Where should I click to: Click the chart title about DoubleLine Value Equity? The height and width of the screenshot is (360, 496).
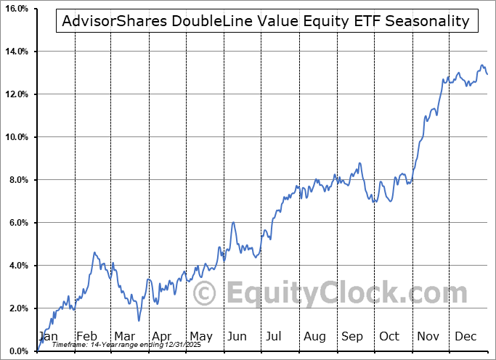pos(266,21)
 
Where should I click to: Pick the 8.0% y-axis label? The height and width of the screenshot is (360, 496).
pos(16,180)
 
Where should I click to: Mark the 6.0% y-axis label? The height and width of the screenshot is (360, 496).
pos(16,223)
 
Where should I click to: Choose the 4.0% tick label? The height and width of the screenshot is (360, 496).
pos(16,266)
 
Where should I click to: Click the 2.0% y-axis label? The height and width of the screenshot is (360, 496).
pos(16,308)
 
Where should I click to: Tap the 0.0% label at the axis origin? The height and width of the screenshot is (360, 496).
pos(16,351)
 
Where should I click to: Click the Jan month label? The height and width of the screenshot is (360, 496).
pos(48,336)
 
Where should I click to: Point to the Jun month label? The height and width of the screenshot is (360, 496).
pos(237,336)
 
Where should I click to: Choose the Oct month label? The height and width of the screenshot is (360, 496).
pos(389,336)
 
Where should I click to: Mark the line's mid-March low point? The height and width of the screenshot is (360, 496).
pos(138,320)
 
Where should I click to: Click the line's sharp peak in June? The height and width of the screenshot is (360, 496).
pos(233,223)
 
